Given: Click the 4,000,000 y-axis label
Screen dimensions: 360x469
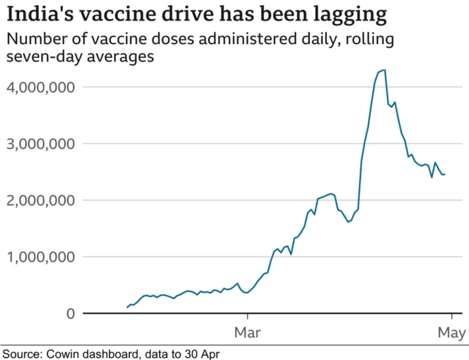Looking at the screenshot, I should pos(42,87).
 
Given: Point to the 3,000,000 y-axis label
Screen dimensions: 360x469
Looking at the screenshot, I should pos(42,144).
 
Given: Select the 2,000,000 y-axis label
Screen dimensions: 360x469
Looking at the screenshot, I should pos(42,200).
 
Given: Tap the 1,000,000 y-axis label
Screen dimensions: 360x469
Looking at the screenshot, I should pos(42,257).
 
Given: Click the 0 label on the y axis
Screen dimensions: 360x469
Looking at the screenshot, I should pos(69,314).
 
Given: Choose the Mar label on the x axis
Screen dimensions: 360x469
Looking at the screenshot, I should pos(248,334).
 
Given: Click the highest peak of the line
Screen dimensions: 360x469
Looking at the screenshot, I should pos(385,70).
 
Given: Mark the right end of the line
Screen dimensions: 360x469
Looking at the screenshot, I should pos(444,174).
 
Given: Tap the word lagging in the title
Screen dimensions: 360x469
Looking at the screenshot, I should pos(348,15).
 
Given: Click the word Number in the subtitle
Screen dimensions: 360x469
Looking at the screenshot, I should pos(32,38).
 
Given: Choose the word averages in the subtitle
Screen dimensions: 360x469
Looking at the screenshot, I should pos(111,56).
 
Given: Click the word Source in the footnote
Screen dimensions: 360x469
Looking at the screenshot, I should pos(20,353).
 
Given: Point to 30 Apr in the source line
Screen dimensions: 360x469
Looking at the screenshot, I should pos(200,353).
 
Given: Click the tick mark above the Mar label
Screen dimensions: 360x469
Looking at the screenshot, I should pos(248,317).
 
